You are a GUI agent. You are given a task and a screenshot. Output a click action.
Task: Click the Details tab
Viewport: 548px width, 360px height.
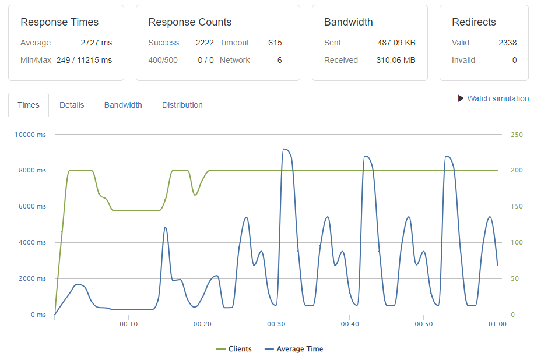pyautogui.click(x=72, y=105)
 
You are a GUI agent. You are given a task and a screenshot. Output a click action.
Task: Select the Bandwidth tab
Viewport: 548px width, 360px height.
pyautogui.click(x=123, y=105)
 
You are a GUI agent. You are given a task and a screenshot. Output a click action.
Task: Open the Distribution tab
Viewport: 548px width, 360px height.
pyautogui.click(x=182, y=105)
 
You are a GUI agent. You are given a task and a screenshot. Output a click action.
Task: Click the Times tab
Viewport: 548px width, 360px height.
pyautogui.click(x=29, y=105)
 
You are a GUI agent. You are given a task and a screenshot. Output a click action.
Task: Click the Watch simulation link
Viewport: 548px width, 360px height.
pyautogui.click(x=497, y=98)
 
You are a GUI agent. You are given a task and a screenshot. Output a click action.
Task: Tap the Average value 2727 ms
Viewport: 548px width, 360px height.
pyautogui.click(x=96, y=43)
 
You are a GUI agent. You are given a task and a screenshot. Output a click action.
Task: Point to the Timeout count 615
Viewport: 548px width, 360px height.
pyautogui.click(x=275, y=43)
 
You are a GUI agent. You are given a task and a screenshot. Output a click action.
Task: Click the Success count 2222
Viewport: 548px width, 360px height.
pyautogui.click(x=205, y=43)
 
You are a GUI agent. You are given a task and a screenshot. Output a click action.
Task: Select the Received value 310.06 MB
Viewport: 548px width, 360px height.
pyautogui.click(x=396, y=60)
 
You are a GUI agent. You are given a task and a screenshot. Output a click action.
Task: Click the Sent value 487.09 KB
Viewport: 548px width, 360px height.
pyautogui.click(x=396, y=43)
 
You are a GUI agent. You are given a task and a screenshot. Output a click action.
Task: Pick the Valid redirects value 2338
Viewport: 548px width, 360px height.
pyautogui.click(x=507, y=43)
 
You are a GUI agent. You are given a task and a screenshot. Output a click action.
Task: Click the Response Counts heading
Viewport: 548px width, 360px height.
pyautogui.click(x=190, y=22)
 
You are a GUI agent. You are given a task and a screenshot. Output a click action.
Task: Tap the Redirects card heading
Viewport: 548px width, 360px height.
pyautogui.click(x=474, y=22)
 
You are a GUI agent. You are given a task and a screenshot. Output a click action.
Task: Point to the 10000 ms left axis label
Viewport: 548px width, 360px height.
pyautogui.click(x=30, y=135)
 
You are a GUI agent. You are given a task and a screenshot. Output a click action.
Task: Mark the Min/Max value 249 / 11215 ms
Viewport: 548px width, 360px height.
pyautogui.click(x=84, y=60)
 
